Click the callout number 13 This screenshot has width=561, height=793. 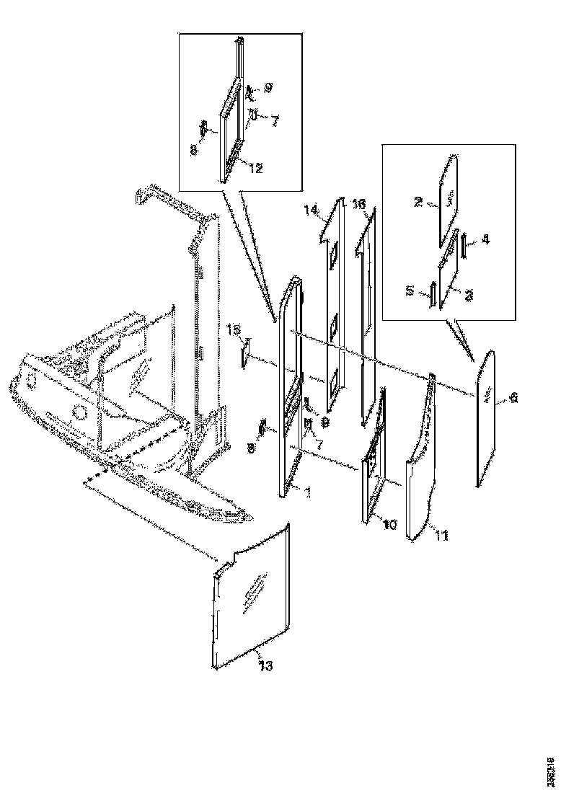coord(265,666)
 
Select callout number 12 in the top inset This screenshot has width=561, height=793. coord(256,167)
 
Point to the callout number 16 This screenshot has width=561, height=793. coord(358,205)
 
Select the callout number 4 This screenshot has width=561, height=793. coord(485,240)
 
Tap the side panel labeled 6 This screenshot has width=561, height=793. coord(487,418)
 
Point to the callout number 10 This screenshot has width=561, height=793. coord(389,524)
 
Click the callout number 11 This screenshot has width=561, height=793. coord(441,534)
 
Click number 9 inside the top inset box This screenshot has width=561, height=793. coord(267,88)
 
